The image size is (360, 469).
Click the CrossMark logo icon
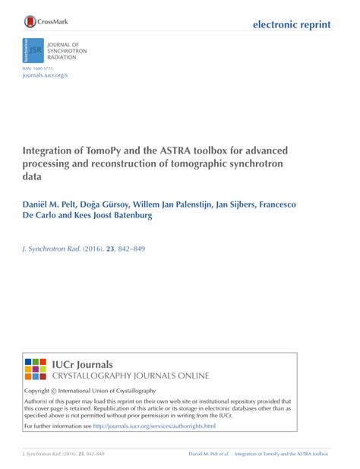[30, 22]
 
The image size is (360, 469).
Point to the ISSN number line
[38, 68]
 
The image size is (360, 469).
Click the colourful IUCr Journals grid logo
[36, 369]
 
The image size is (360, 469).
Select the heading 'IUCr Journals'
[82, 364]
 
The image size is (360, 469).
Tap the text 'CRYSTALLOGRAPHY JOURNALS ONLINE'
[129, 376]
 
